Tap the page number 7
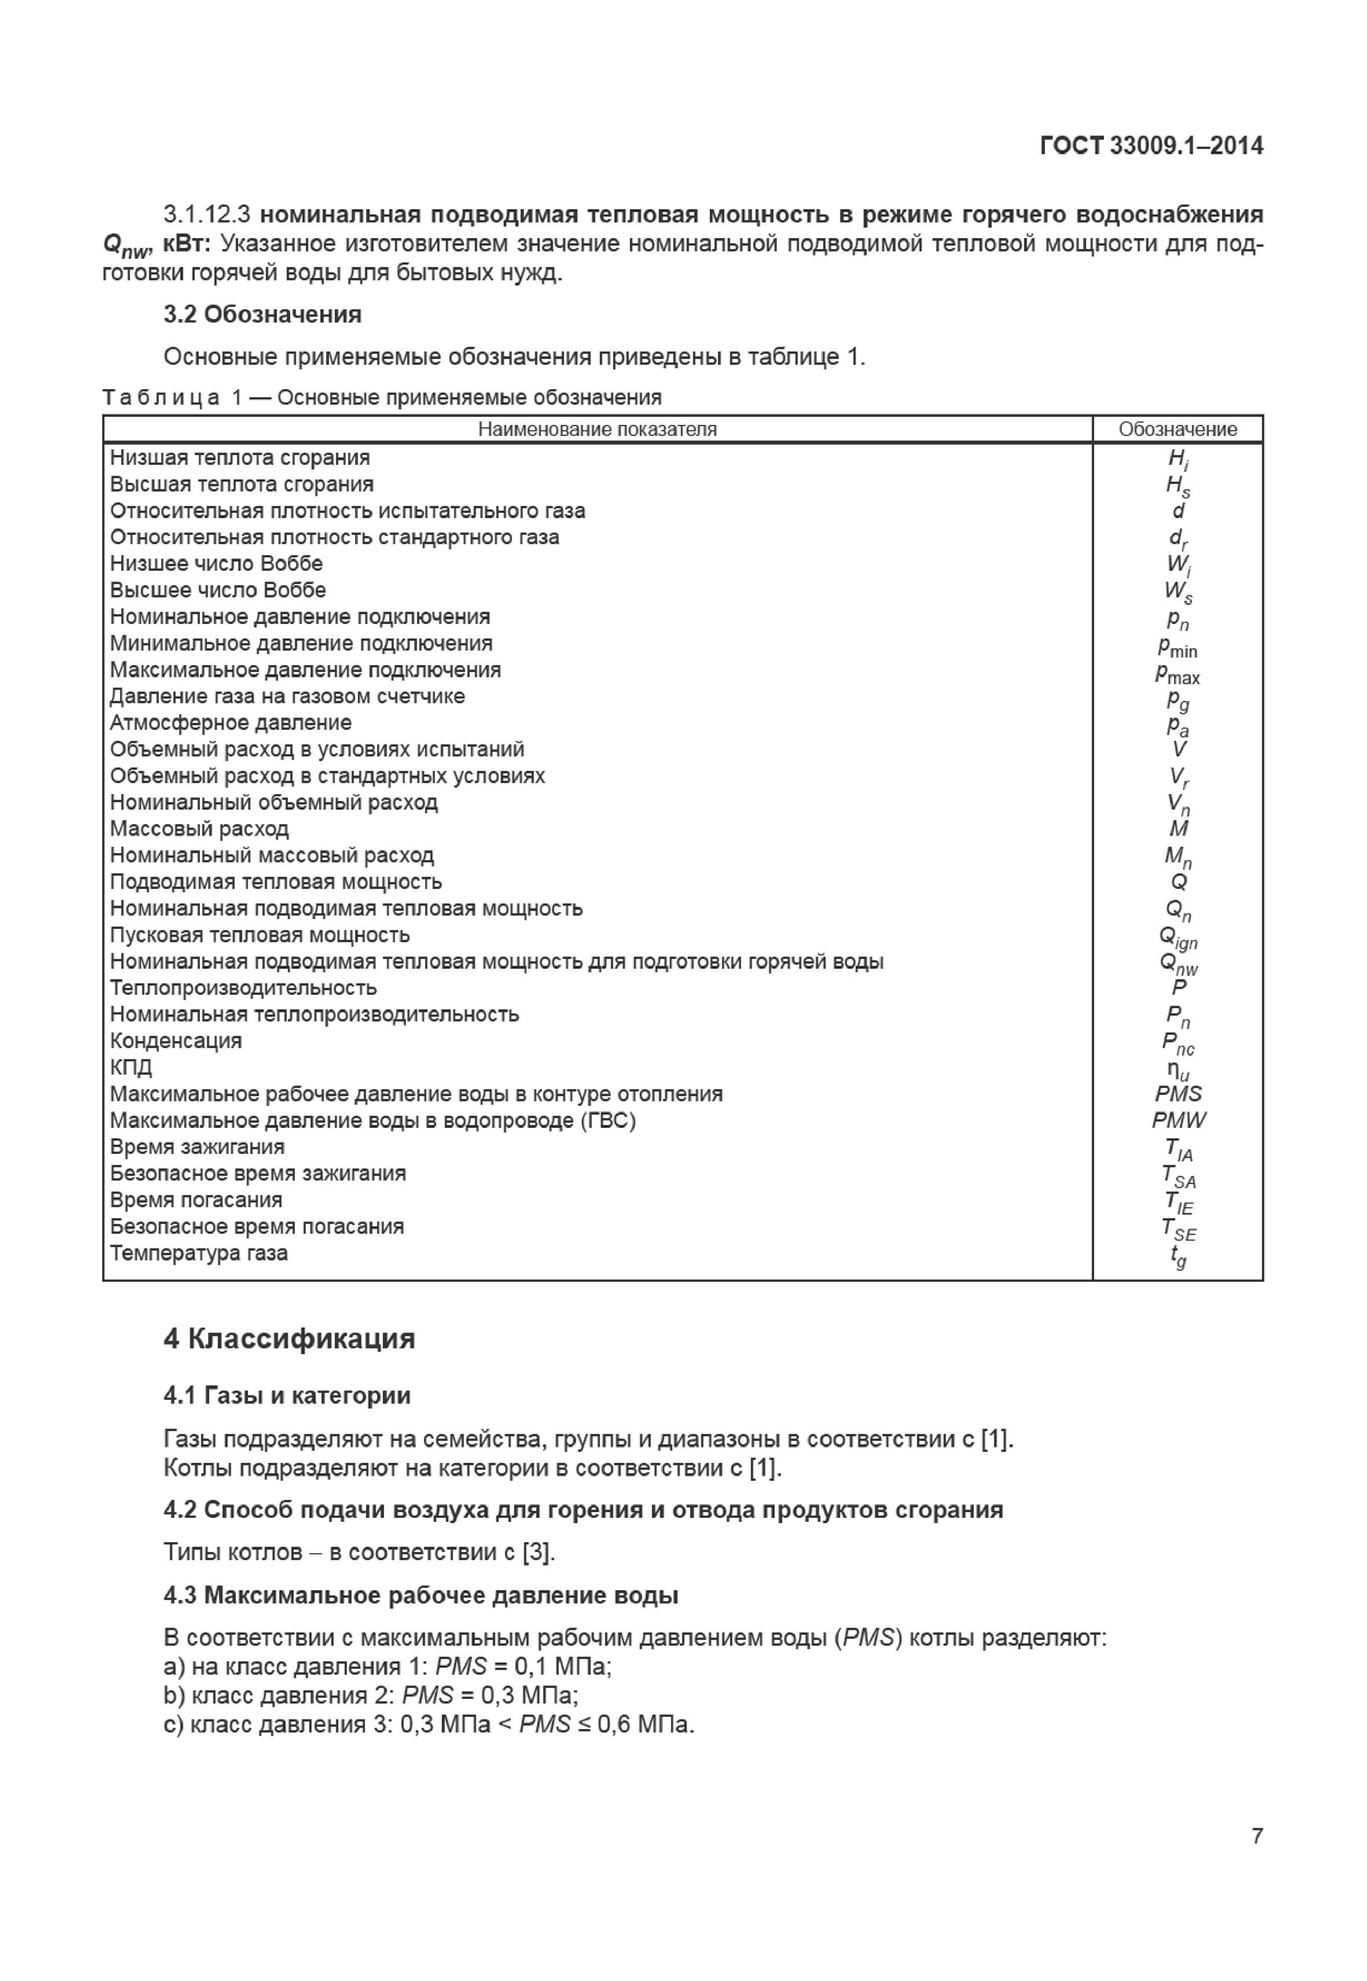pyautogui.click(x=1256, y=1835)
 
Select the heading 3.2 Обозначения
pyautogui.click(x=262, y=314)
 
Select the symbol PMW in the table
pyautogui.click(x=1178, y=1120)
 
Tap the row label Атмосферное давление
pyautogui.click(x=230, y=723)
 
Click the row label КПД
pyautogui.click(x=131, y=1067)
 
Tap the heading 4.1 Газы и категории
pyautogui.click(x=287, y=1395)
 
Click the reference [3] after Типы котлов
pyautogui.click(x=538, y=1552)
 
